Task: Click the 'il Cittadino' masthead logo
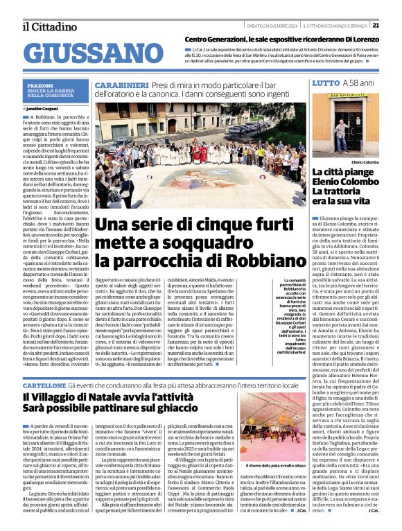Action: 49,26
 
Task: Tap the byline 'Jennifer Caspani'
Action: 46,109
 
